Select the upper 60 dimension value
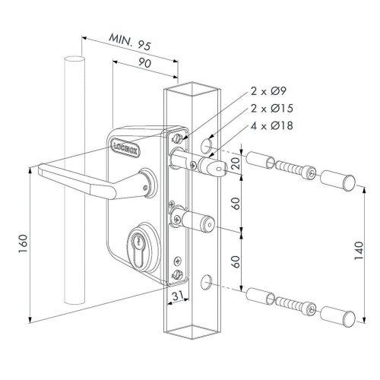pos(237,204)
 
